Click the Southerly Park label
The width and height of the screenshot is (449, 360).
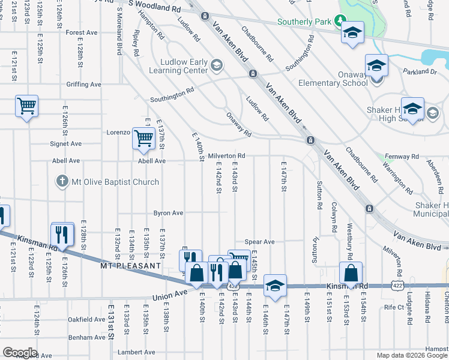[304, 22]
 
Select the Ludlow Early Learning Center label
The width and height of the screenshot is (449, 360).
[184, 66]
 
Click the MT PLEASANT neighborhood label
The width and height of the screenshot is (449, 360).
[130, 265]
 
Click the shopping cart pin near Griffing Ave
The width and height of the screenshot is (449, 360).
[27, 106]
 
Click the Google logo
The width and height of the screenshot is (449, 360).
[20, 352]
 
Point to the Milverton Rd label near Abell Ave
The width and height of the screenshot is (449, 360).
[226, 155]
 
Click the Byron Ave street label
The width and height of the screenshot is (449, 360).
[168, 213]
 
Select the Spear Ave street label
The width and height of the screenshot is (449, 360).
[259, 242]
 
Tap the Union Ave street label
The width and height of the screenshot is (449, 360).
[170, 295]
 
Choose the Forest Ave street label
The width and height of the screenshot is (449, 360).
[82, 32]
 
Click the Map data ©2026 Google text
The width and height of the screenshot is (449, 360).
[412, 355]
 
